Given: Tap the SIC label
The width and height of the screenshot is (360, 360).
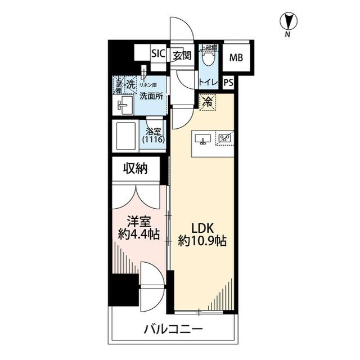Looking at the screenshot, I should coord(158,55).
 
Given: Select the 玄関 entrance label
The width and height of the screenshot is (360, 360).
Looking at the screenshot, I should coord(182,55).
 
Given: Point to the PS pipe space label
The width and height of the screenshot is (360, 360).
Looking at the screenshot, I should coord(228,82).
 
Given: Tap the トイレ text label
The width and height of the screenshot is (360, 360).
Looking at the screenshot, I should coord(207,82).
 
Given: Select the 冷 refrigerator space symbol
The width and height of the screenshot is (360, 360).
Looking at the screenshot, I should coord(208,102).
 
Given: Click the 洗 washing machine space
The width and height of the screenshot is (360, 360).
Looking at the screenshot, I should coord(130,84).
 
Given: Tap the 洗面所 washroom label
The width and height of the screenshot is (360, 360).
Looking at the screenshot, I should coord(151,97).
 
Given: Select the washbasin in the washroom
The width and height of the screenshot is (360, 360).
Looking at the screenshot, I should coord(125,105).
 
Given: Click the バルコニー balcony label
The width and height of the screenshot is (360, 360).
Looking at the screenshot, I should coord(173,329).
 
